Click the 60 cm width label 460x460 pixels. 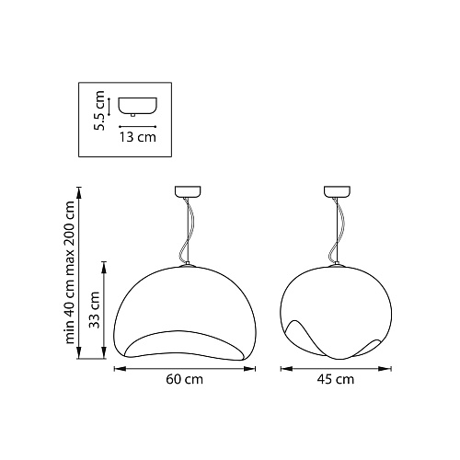click(185, 379)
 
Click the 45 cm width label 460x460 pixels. click(336, 379)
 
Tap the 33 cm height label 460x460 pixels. click(95, 310)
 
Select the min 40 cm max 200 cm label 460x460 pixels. click(70, 272)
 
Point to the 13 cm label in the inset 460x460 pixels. click(138, 137)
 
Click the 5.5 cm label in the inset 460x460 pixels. click(99, 110)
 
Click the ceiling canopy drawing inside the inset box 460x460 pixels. click(138, 107)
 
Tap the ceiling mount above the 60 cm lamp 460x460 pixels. click(188, 191)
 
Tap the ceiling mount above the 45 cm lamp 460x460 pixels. click(338, 191)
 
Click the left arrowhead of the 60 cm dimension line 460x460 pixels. click(120, 369)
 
